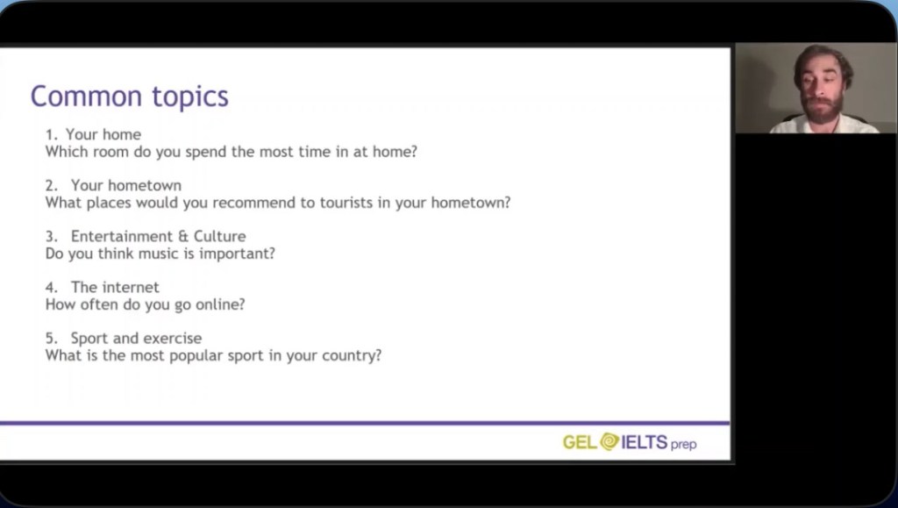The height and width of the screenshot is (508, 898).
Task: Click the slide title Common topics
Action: point(130,97)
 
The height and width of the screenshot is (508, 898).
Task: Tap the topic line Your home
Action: point(103,134)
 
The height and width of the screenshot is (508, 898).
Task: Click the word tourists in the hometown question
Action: point(346,203)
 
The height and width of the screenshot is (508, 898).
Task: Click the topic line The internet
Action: point(115,288)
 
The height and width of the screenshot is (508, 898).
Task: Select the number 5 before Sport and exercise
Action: point(50,339)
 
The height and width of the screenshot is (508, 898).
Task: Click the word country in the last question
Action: point(351,355)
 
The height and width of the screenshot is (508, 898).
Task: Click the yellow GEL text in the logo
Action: point(581,442)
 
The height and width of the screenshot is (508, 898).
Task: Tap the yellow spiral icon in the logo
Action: point(609,441)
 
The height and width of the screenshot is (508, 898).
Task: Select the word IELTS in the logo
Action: point(645,442)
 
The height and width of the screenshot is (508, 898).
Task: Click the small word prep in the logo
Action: point(683,445)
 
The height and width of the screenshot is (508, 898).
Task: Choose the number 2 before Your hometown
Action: point(50,185)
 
